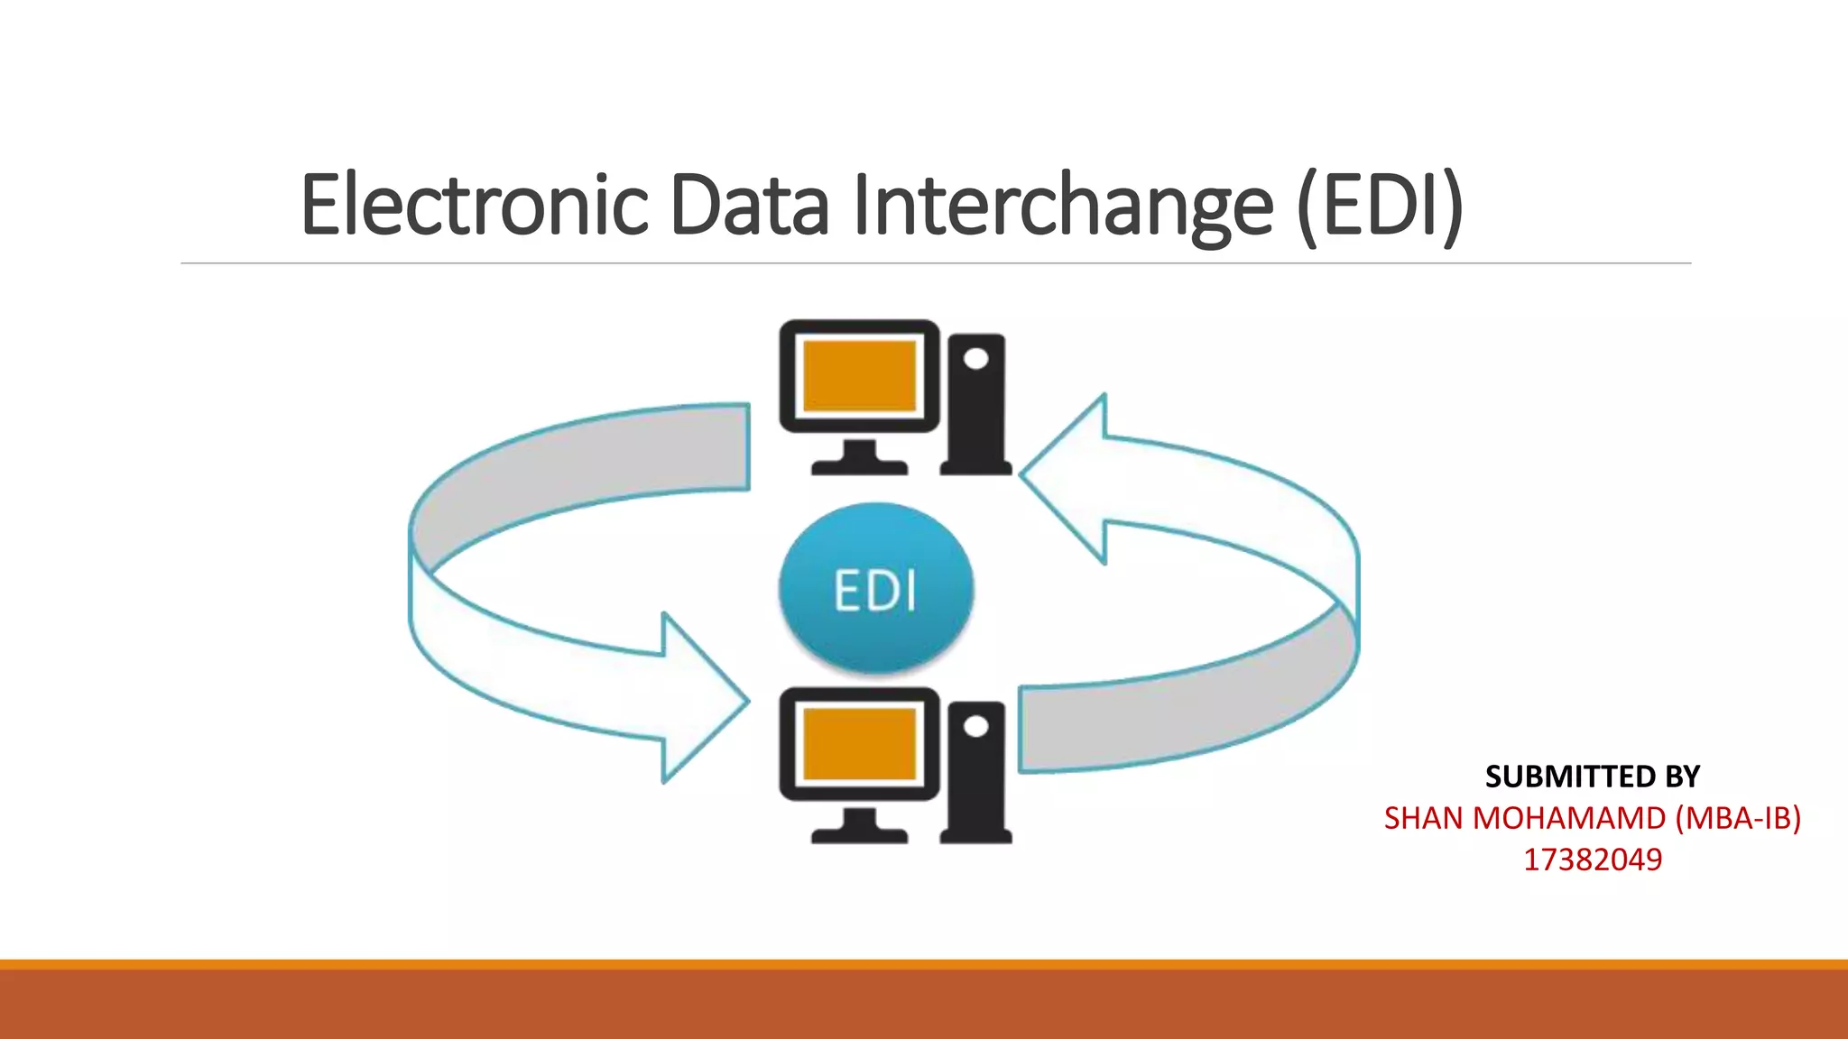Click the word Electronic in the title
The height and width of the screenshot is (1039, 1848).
tap(475, 206)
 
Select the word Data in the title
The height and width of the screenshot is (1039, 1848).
tap(748, 206)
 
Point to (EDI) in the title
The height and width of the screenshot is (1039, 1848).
tap(1380, 206)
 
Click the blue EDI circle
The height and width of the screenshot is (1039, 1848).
tap(876, 588)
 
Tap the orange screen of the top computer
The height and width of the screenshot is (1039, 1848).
tap(859, 375)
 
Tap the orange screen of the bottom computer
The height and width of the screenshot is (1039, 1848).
tap(859, 743)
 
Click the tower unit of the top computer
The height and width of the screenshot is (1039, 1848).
tap(975, 406)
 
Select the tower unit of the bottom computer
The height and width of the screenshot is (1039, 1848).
tap(975, 774)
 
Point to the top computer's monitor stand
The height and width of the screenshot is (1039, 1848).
tap(859, 458)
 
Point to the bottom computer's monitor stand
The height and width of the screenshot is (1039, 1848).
tap(859, 826)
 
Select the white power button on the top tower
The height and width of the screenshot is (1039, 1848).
tap(975, 359)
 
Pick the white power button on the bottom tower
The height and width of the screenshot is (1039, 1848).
tap(975, 727)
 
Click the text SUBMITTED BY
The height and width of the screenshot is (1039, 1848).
tap(1592, 777)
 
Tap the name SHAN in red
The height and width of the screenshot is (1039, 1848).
tap(1423, 818)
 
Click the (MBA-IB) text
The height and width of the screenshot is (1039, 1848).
tap(1738, 818)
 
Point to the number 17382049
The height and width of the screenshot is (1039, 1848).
tap(1592, 860)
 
